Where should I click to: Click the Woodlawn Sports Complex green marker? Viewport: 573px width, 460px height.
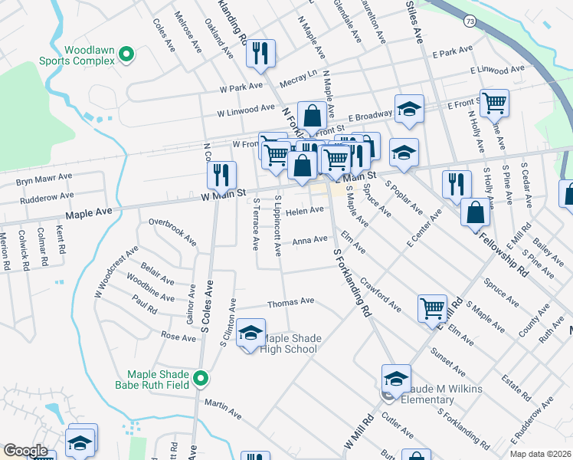pos(128,54)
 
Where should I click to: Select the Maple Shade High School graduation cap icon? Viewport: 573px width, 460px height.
pos(250,333)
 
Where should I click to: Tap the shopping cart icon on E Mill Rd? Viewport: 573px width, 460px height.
pos(432,308)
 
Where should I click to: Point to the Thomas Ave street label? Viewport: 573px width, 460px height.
pos(290,301)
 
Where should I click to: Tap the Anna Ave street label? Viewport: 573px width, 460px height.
pos(309,241)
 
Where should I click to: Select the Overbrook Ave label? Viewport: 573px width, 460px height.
pos(172,232)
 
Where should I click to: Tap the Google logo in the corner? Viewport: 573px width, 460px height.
pos(25,451)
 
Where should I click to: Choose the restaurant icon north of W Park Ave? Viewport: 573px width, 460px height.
pos(260,53)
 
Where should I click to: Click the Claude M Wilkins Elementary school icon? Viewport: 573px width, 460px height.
pos(396,378)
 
